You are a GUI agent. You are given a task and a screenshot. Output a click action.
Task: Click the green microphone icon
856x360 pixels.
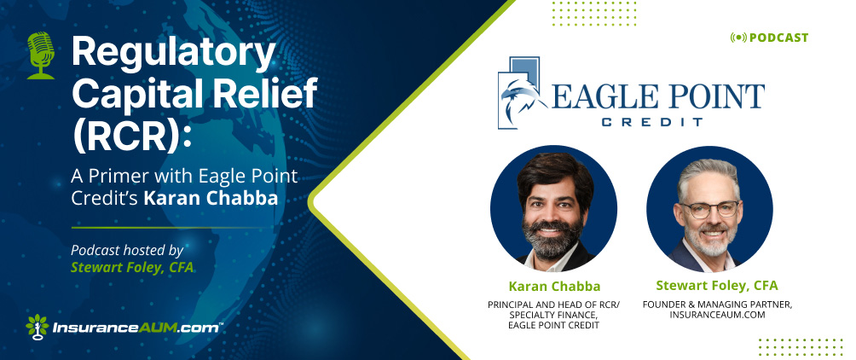pos(41,55)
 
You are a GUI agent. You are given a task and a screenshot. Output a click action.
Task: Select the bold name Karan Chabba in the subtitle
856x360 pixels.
pos(211,198)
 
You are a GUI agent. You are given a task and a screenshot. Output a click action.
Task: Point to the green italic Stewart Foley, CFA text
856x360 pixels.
pos(132,268)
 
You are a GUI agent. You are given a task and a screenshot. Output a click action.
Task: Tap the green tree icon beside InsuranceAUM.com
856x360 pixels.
pos(38,327)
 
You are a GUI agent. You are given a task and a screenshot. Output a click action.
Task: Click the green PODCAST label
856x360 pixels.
pos(779,38)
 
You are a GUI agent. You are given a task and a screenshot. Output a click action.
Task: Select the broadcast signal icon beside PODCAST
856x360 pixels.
pos(738,38)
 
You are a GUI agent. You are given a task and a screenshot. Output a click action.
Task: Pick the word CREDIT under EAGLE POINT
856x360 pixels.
pos(653,122)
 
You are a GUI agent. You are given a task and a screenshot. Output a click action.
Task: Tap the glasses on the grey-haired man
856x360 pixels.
pos(709,209)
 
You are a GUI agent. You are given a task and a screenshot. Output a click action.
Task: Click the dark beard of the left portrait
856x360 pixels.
pos(552,238)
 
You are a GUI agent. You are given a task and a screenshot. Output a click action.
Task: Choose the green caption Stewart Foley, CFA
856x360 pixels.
pos(717,286)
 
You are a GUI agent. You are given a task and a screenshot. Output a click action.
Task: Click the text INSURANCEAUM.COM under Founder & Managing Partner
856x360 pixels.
pos(717,315)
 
